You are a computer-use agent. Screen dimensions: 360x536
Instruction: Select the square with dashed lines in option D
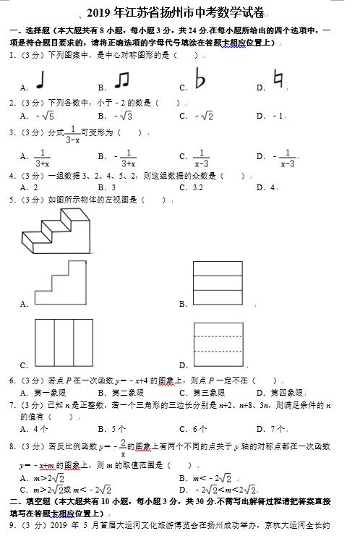click(x=218, y=343)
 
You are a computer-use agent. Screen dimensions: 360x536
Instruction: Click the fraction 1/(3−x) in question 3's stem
click(x=72, y=135)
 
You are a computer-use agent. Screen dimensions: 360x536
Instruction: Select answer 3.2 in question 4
click(x=199, y=187)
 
